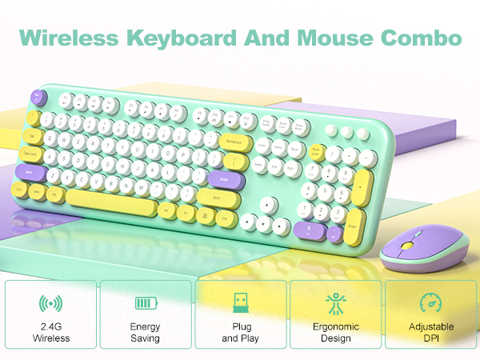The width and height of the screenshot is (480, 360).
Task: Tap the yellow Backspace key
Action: tap(236, 142)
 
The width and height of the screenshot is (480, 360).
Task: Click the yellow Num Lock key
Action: tap(318, 151)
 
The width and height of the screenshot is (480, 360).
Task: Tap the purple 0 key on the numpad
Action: tap(308, 229)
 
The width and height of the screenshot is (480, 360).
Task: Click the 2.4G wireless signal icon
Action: tap(50, 303)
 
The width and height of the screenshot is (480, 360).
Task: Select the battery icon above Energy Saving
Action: tap(145, 303)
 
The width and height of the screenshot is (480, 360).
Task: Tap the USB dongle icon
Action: tap(240, 303)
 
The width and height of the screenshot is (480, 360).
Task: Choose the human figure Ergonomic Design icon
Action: tap(335, 303)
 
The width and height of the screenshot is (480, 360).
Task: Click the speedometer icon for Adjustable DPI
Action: tap(430, 303)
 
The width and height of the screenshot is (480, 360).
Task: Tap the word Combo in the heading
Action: tap(429, 38)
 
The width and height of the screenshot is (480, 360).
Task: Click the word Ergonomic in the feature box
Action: tap(335, 326)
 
